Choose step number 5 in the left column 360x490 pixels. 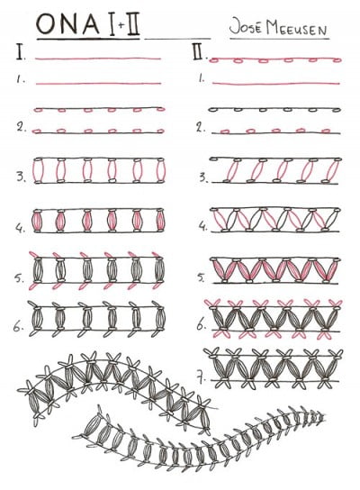click(20, 275)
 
